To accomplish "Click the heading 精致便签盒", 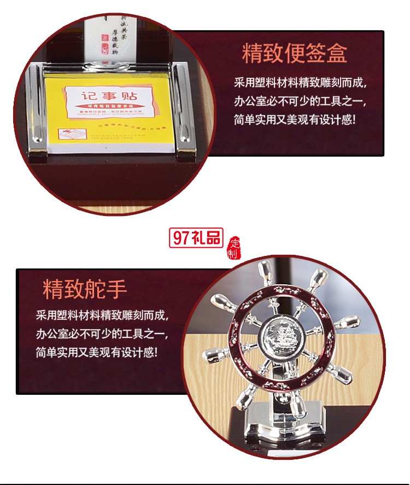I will point(294,54).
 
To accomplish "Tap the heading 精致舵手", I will point(85,290).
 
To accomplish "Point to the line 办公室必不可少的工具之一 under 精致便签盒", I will point(300,101).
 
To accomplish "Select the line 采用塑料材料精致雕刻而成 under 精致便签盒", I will point(300,83).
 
